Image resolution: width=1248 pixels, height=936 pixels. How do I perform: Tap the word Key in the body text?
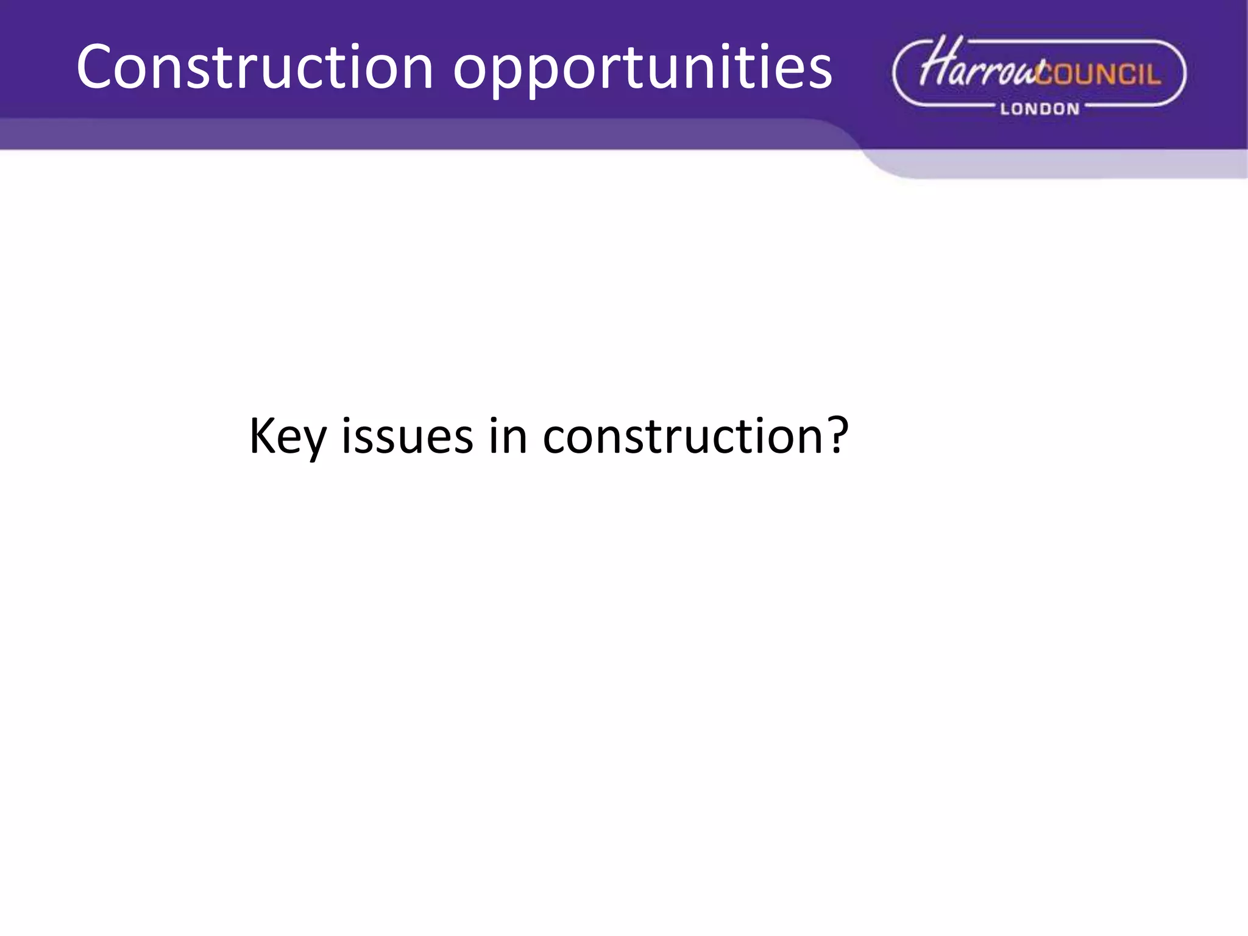pyautogui.click(x=288, y=437)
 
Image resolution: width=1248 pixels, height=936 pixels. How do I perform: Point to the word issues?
pyautogui.click(x=407, y=436)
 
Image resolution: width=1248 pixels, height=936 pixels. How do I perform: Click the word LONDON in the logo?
pyautogui.click(x=1040, y=109)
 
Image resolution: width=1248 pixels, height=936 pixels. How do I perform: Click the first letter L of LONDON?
pyautogui.click(x=1005, y=109)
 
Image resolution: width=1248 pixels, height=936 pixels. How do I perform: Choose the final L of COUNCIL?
pyautogui.click(x=1154, y=74)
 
